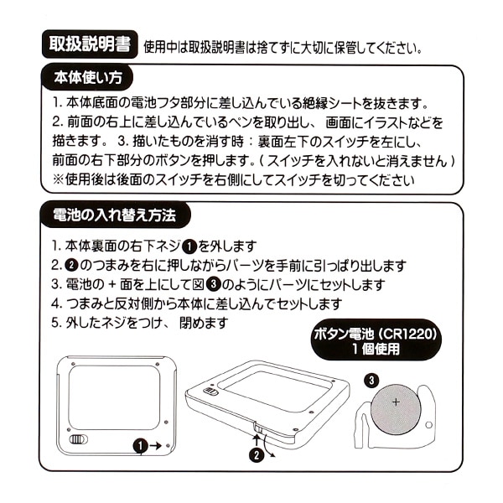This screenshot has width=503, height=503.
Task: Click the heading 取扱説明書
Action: [90, 44]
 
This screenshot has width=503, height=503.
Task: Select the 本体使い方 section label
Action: [88, 78]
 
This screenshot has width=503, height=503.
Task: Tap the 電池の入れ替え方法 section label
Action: [115, 215]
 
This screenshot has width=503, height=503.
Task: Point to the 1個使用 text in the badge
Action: [376, 349]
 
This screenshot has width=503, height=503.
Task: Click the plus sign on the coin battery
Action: [397, 402]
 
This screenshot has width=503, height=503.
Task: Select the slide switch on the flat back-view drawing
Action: [79, 439]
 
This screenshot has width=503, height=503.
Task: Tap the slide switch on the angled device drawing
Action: [211, 392]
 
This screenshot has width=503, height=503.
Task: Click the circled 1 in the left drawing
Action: [141, 446]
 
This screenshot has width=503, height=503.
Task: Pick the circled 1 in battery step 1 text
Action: [189, 246]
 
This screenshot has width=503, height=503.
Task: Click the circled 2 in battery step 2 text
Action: [71, 265]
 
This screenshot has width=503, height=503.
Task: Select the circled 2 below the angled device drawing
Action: [257, 455]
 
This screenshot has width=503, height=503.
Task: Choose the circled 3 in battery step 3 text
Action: [213, 284]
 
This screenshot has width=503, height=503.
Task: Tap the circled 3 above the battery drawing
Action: [371, 381]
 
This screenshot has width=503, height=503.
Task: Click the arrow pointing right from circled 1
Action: [155, 446]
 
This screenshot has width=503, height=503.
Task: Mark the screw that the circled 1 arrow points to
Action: [169, 446]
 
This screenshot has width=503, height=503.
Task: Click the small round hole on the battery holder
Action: [428, 425]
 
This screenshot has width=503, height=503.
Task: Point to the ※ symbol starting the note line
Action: [59, 179]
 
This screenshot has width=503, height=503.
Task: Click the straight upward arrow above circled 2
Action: [257, 440]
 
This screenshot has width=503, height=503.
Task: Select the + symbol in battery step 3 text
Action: [112, 285]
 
